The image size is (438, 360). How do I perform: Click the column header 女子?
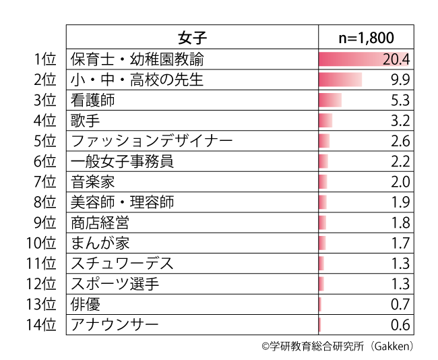[192, 37]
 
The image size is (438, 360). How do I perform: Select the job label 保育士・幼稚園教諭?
[136, 59]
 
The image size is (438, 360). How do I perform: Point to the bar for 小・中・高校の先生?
[340, 80]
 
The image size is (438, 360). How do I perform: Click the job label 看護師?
[93, 100]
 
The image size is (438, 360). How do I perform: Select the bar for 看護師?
[330, 100]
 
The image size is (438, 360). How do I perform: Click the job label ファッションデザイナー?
[152, 142]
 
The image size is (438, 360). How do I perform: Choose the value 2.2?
[400, 162]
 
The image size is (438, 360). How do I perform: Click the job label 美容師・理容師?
[122, 202]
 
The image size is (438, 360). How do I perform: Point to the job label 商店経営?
[100, 222]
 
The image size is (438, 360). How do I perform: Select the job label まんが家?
[100, 243]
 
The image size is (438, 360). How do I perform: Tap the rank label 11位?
[41, 264]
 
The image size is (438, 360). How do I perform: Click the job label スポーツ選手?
[115, 284]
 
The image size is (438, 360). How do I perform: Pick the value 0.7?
[400, 305]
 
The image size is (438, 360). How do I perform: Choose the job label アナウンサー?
[115, 325]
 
